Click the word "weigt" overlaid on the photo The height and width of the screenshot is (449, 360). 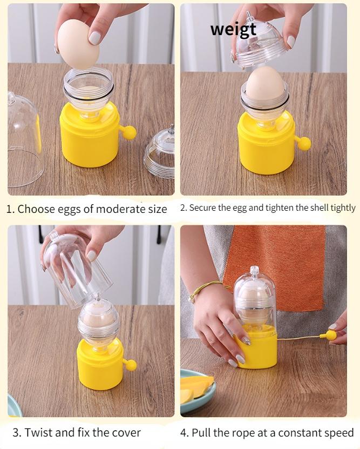(233, 30)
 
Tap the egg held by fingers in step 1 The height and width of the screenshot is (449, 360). (78, 44)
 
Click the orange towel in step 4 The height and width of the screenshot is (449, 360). (275, 266)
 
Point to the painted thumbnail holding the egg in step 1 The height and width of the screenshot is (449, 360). (94, 38)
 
